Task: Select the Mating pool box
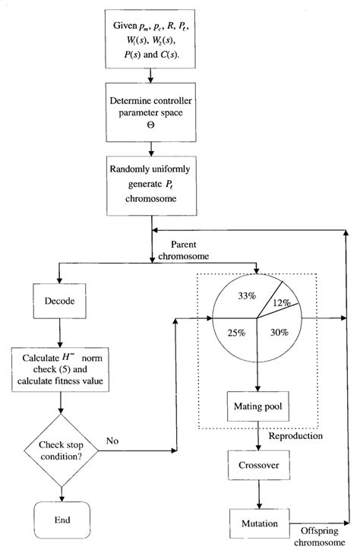point(260,407)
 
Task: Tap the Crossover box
point(260,463)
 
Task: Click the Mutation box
point(260,523)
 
